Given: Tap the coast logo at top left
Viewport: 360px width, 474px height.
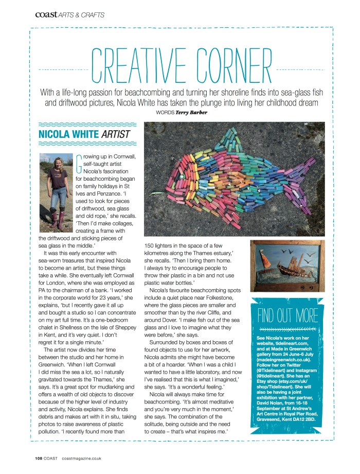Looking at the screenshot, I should click(45, 15).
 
